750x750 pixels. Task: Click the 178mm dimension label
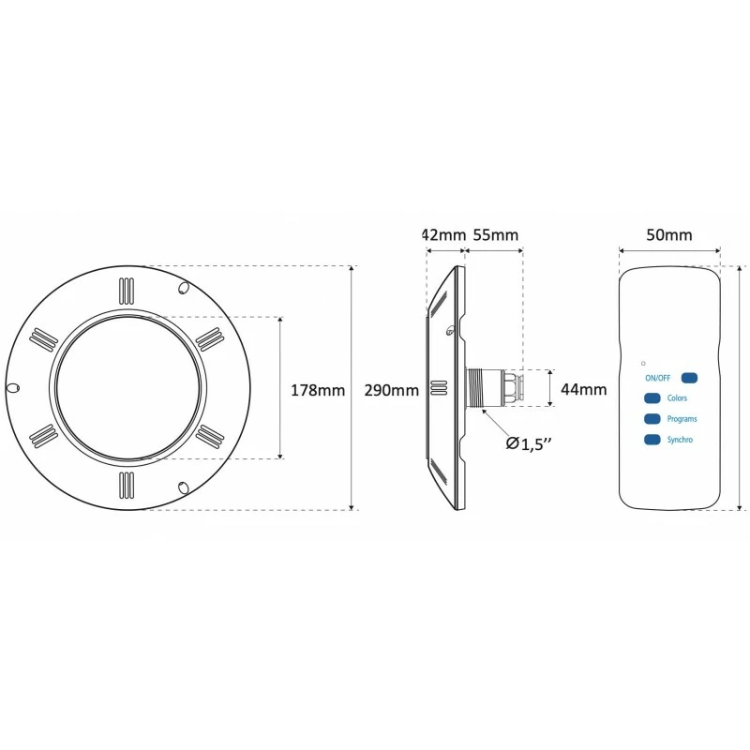pos(318,390)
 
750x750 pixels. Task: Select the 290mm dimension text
pos(392,390)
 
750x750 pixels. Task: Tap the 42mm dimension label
pos(443,235)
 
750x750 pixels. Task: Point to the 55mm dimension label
pos(496,235)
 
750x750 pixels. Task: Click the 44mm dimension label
pos(583,389)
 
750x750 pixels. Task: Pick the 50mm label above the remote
pos(669,235)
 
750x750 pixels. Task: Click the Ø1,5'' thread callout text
pos(529,444)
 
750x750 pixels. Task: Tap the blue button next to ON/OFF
pos(689,378)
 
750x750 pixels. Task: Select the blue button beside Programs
pos(652,419)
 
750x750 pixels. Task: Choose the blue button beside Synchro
pos(652,440)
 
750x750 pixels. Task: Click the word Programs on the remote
pos(682,419)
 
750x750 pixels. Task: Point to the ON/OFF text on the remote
pos(658,378)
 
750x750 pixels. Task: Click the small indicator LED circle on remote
pos(643,364)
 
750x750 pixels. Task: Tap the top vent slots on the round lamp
pos(127,292)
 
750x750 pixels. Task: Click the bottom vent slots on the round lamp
pos(127,485)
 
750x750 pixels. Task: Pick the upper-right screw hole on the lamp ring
pos(183,288)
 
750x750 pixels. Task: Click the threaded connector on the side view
pos(483,388)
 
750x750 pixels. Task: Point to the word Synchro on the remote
pos(680,440)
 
